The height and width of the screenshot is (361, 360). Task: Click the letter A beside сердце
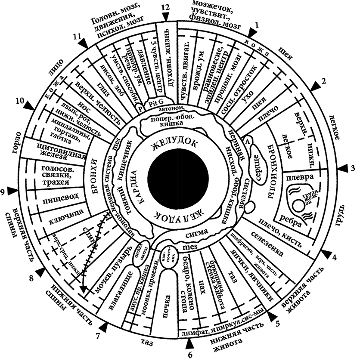pos(248,140)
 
